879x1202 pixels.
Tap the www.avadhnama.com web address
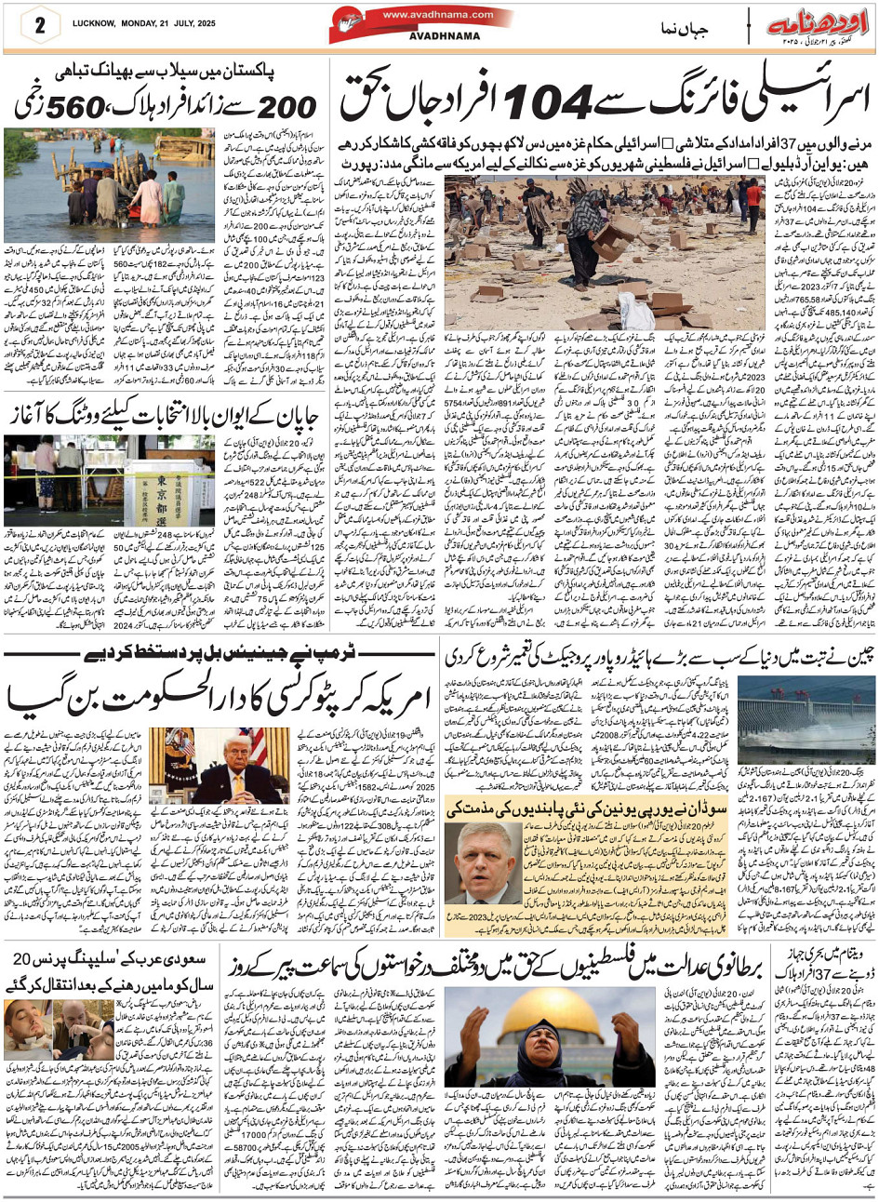tap(422, 14)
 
